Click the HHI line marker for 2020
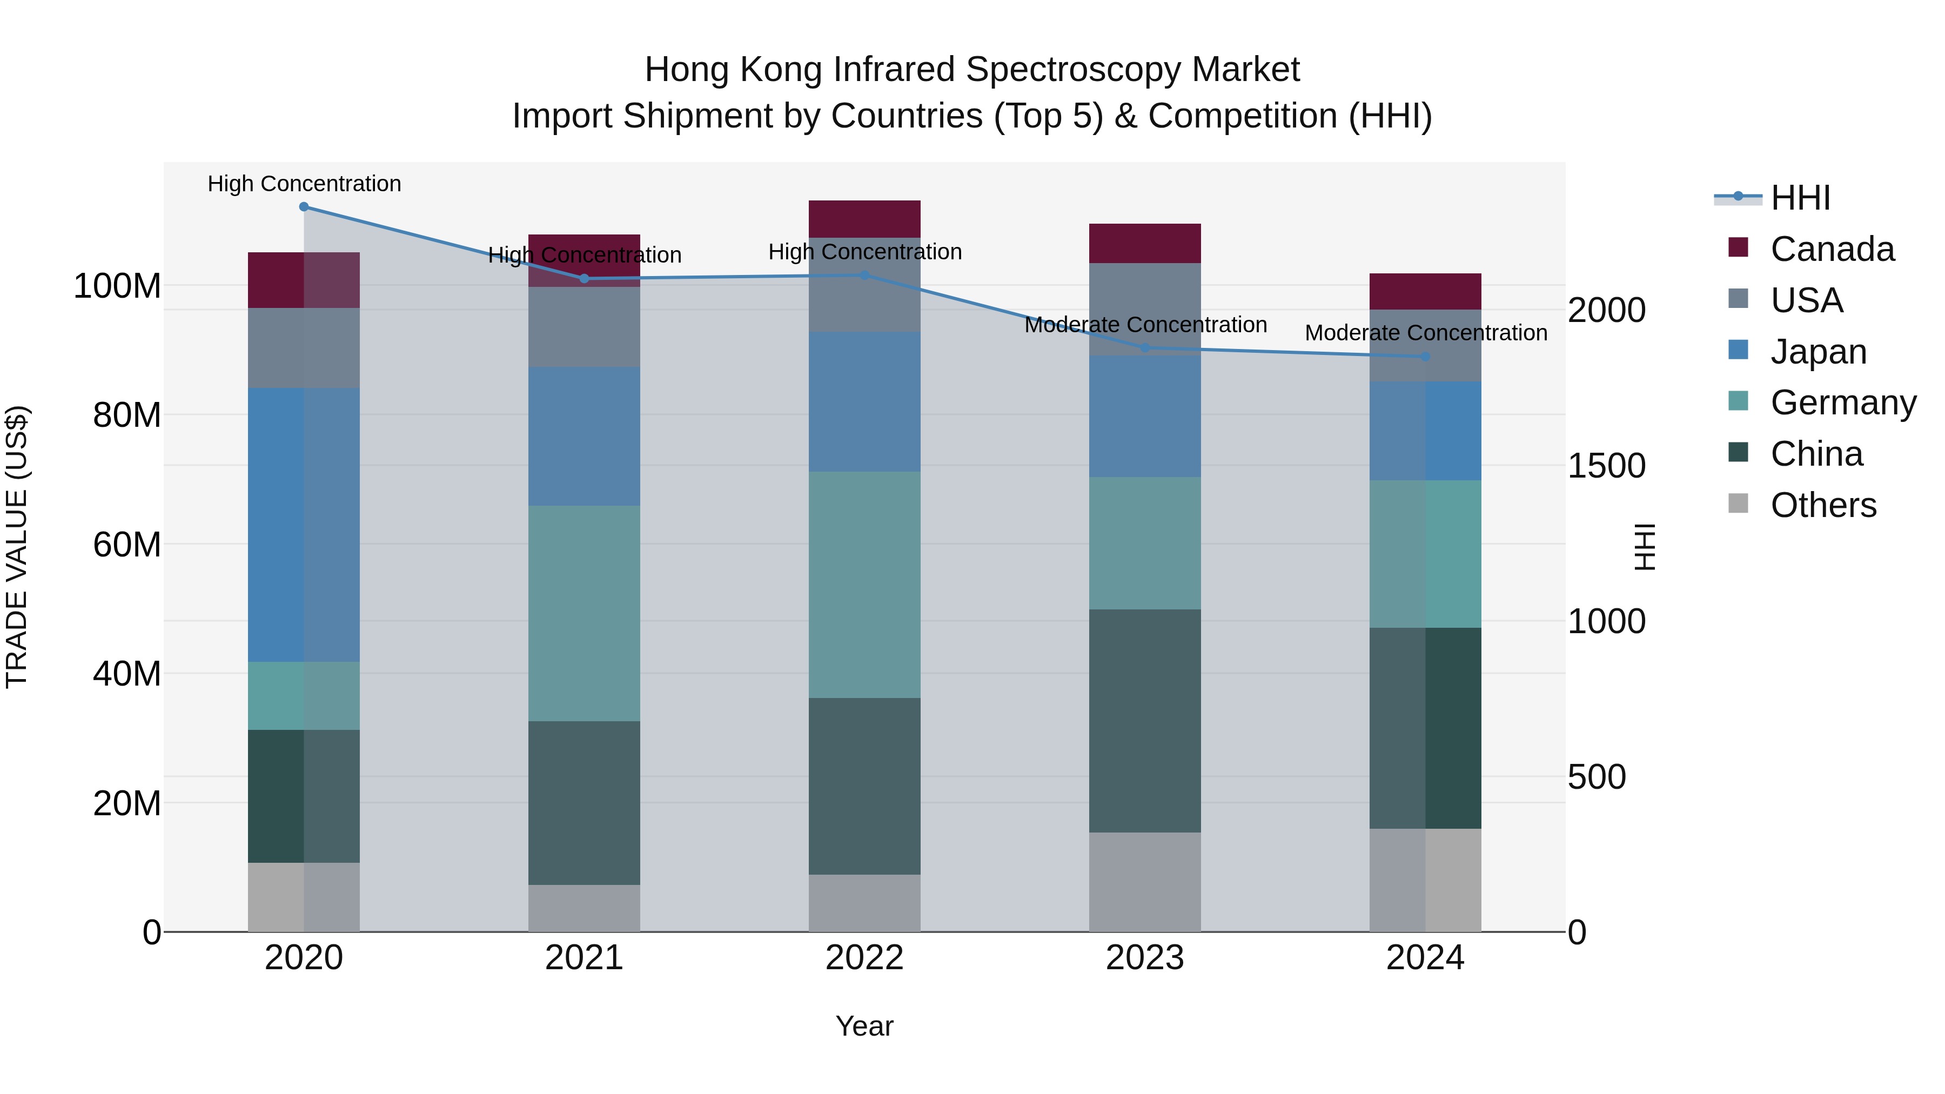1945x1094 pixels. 304,207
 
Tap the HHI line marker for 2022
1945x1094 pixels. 864,276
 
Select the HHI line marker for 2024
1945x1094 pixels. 1425,357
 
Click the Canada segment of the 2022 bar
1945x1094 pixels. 864,219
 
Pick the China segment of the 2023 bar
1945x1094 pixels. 1145,721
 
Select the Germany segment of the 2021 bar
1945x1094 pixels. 583,613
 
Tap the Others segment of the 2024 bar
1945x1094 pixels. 1425,880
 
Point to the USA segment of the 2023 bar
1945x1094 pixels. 1145,309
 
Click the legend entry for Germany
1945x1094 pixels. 1842,403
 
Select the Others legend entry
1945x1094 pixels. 1823,505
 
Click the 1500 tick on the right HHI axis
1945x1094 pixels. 1606,466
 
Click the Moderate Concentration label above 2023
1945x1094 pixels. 1145,325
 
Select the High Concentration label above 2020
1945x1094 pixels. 304,184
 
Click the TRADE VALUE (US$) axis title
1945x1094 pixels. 17,547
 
